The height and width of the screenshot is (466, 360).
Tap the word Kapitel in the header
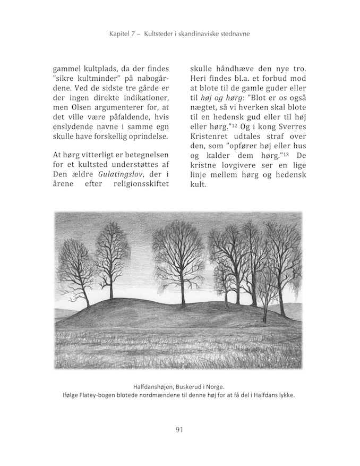click(120, 34)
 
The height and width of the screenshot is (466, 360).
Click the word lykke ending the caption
click(284, 396)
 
